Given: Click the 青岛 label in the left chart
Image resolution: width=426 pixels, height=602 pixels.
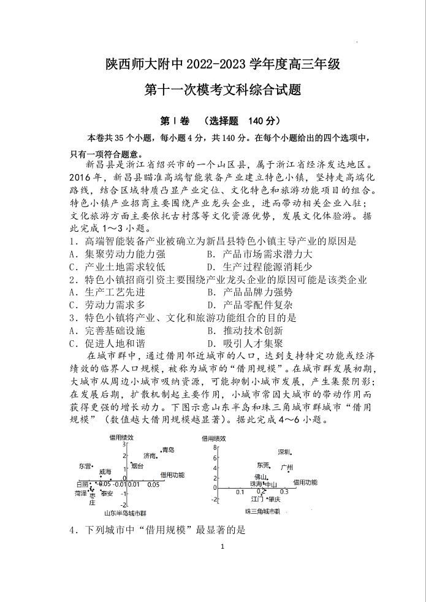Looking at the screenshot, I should pyautogui.click(x=168, y=450).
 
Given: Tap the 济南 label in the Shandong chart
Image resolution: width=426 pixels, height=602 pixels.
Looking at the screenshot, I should pyautogui.click(x=150, y=455).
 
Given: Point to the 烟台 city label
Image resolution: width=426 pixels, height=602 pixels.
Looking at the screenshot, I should pyautogui.click(x=137, y=466).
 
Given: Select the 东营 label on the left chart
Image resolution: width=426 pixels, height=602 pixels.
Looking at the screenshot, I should pyautogui.click(x=85, y=466).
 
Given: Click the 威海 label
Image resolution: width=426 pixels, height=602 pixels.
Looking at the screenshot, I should pyautogui.click(x=105, y=471).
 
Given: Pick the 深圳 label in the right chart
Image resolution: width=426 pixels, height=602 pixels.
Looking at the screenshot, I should pyautogui.click(x=284, y=452).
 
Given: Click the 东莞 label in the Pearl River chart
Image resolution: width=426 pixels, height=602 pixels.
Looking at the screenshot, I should pyautogui.click(x=263, y=465).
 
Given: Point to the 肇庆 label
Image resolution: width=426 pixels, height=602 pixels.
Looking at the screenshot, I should pyautogui.click(x=274, y=499).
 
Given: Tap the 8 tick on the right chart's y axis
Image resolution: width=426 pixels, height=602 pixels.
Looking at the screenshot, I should pyautogui.click(x=215, y=448).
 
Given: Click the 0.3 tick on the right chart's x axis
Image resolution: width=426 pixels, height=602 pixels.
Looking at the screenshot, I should pyautogui.click(x=284, y=492).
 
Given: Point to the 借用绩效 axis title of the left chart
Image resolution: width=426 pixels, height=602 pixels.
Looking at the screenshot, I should pyautogui.click(x=121, y=437).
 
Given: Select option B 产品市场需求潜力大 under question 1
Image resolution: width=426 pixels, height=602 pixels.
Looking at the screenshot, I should pyautogui.click(x=259, y=253).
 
